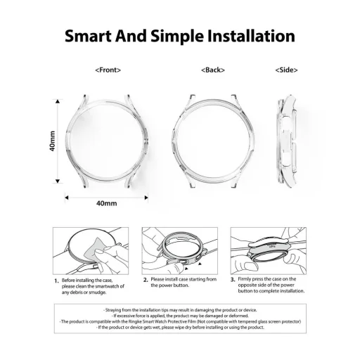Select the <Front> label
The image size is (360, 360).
108,70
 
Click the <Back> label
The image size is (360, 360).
212,70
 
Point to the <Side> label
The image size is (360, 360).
287,70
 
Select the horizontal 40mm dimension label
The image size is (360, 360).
106,203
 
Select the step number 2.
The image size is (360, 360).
144,279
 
